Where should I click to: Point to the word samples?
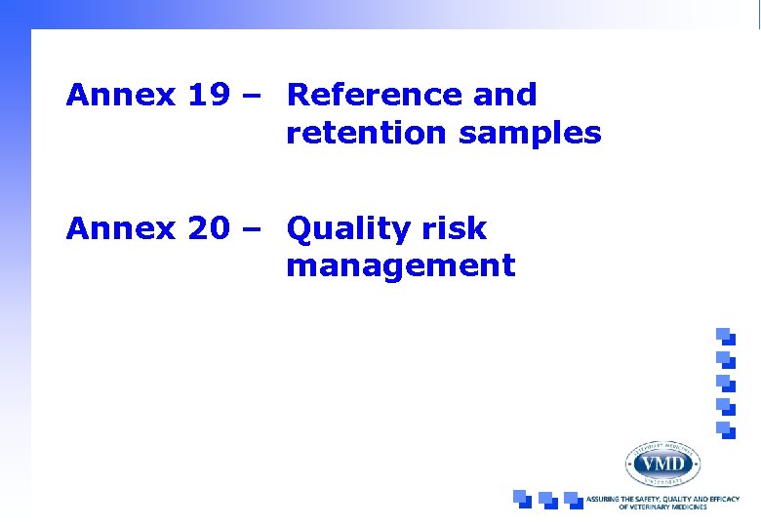click(x=530, y=133)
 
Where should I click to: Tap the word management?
click(x=400, y=265)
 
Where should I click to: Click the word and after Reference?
click(x=504, y=95)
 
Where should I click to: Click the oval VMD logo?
click(x=662, y=463)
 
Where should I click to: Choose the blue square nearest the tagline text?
click(x=573, y=499)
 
